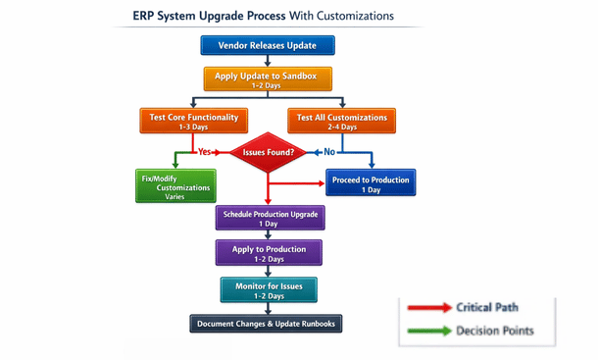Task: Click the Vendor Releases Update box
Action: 268,45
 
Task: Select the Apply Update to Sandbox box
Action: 268,77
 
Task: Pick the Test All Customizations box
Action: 342,121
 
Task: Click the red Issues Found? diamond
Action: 268,152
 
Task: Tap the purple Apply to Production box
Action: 268,253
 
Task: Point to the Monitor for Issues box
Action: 268,289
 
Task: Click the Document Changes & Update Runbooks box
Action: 268,324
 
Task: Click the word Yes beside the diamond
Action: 205,152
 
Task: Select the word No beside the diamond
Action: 329,152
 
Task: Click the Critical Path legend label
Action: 487,308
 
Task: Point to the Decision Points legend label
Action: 495,331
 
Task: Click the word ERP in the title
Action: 146,16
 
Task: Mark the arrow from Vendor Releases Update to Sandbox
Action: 268,61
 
